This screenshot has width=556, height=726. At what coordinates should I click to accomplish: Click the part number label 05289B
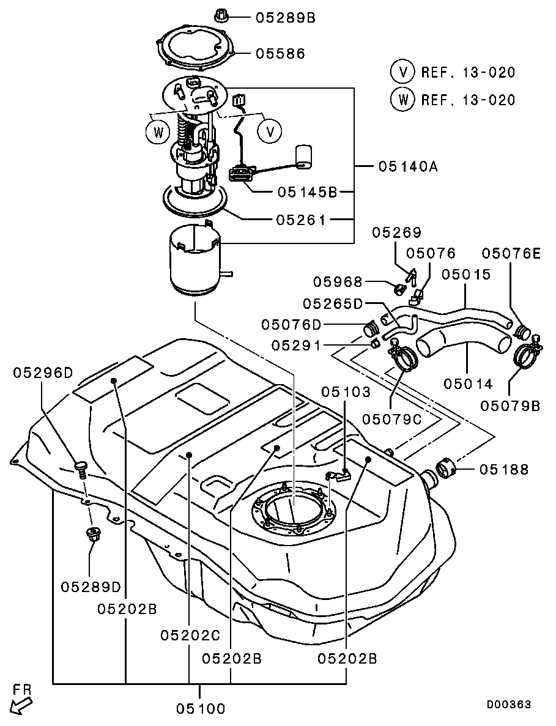click(x=286, y=18)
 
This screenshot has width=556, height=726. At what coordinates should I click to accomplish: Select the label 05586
click(x=281, y=54)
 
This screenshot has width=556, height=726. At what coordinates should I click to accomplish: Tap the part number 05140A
click(x=408, y=166)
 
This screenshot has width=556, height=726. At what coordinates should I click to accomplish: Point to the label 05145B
click(x=308, y=191)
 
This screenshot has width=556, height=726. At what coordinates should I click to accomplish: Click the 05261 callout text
click(x=301, y=220)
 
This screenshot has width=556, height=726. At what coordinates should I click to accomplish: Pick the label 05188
click(x=503, y=470)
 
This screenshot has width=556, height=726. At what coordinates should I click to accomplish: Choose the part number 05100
click(x=201, y=708)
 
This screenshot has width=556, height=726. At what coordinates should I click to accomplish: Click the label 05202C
click(x=190, y=635)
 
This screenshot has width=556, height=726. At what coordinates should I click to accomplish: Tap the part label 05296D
click(x=43, y=372)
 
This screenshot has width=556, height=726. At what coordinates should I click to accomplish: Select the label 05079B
click(x=510, y=406)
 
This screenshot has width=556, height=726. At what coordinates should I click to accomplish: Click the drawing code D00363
click(x=509, y=704)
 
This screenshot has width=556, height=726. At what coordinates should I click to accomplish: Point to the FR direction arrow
click(x=21, y=706)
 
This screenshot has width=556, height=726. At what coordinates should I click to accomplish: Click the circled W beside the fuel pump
click(x=158, y=133)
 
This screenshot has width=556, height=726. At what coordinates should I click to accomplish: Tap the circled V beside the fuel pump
click(x=270, y=132)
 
